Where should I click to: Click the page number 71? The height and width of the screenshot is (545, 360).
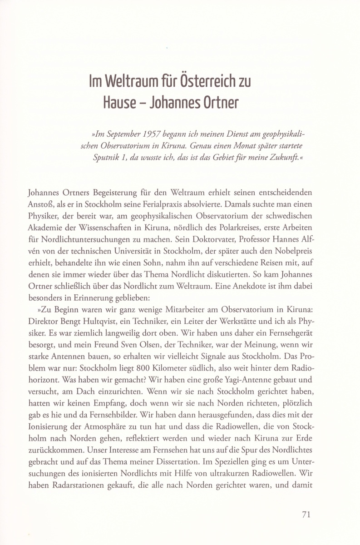coord(306,515)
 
